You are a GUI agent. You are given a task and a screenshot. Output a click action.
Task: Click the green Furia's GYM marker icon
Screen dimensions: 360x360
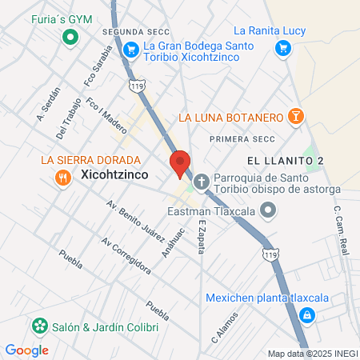[70, 36]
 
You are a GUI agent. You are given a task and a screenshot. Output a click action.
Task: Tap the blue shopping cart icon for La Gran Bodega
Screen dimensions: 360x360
[130, 48]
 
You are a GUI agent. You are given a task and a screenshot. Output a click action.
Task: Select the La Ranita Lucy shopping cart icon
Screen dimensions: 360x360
[282, 48]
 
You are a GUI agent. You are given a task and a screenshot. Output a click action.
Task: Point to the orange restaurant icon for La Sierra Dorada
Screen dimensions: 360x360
[62, 177]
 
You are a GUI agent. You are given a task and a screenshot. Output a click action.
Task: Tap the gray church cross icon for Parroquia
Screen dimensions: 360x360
[200, 182]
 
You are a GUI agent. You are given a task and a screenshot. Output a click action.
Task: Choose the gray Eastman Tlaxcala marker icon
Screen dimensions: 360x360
[266, 211]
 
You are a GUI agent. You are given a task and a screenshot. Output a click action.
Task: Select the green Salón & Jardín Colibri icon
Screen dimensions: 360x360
[38, 327]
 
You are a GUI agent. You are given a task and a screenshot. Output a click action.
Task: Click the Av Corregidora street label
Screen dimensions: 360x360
[126, 255]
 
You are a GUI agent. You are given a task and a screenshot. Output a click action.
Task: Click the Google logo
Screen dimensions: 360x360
[26, 350]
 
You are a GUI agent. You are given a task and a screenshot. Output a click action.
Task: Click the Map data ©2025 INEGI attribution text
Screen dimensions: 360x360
[313, 354]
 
